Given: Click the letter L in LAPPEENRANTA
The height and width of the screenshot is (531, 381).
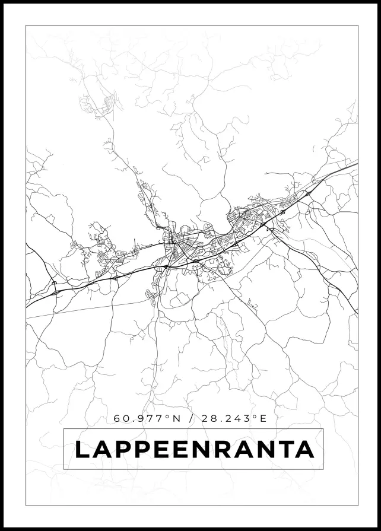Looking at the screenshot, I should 82,450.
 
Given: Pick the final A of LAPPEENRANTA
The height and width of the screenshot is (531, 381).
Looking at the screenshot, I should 304,450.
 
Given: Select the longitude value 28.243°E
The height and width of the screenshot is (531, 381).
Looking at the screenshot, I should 234,418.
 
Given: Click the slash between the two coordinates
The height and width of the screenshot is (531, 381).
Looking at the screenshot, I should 190,418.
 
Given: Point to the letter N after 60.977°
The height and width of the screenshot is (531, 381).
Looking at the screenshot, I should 176,418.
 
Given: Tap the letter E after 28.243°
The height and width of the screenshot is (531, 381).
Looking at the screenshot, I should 264,418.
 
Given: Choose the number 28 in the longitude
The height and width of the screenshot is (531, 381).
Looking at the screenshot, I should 208,418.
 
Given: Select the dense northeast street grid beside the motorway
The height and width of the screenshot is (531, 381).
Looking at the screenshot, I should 249,217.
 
